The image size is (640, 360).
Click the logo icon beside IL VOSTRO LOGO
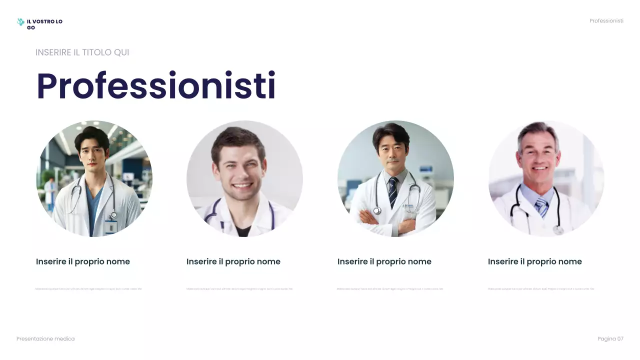[x=20, y=22]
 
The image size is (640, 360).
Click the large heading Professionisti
[x=156, y=86]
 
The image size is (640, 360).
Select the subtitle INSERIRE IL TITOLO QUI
[x=82, y=52]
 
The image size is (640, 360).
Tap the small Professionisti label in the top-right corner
[x=606, y=21]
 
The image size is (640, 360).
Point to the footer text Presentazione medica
[x=45, y=339]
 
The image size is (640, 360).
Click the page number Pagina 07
[x=610, y=339]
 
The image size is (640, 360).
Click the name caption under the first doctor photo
[x=83, y=261]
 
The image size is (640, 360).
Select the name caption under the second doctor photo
[x=233, y=261]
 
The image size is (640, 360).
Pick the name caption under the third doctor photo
[x=384, y=261]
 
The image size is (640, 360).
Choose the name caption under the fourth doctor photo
[x=535, y=261]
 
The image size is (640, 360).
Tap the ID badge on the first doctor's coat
[x=111, y=226]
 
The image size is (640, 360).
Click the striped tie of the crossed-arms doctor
[x=393, y=191]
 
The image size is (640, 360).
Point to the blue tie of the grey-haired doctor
[x=541, y=206]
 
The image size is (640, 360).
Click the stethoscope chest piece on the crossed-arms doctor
[x=377, y=211]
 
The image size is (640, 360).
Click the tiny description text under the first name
[x=88, y=289]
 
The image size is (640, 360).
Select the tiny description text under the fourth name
[x=540, y=289]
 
